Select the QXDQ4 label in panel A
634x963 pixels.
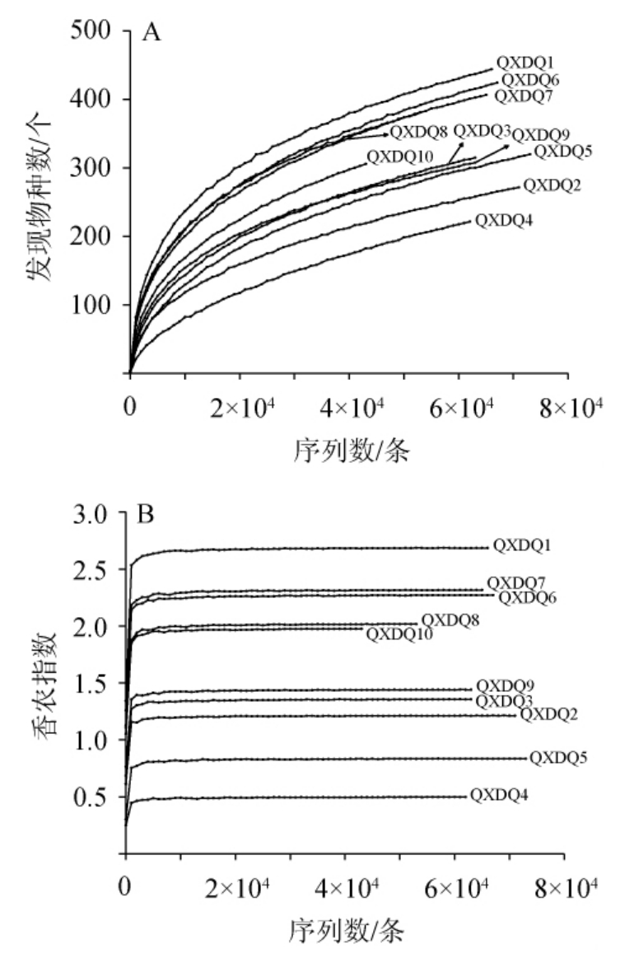pos(501,221)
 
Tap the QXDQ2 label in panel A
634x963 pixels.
pos(552,185)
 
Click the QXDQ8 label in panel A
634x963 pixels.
pos(418,132)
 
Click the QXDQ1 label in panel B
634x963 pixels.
pos(521,545)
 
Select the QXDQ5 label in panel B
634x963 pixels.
pos(557,757)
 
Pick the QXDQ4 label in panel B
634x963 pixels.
pos(499,796)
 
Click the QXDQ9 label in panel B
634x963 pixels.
pos(505,685)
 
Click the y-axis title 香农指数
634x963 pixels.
pos(43,684)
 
